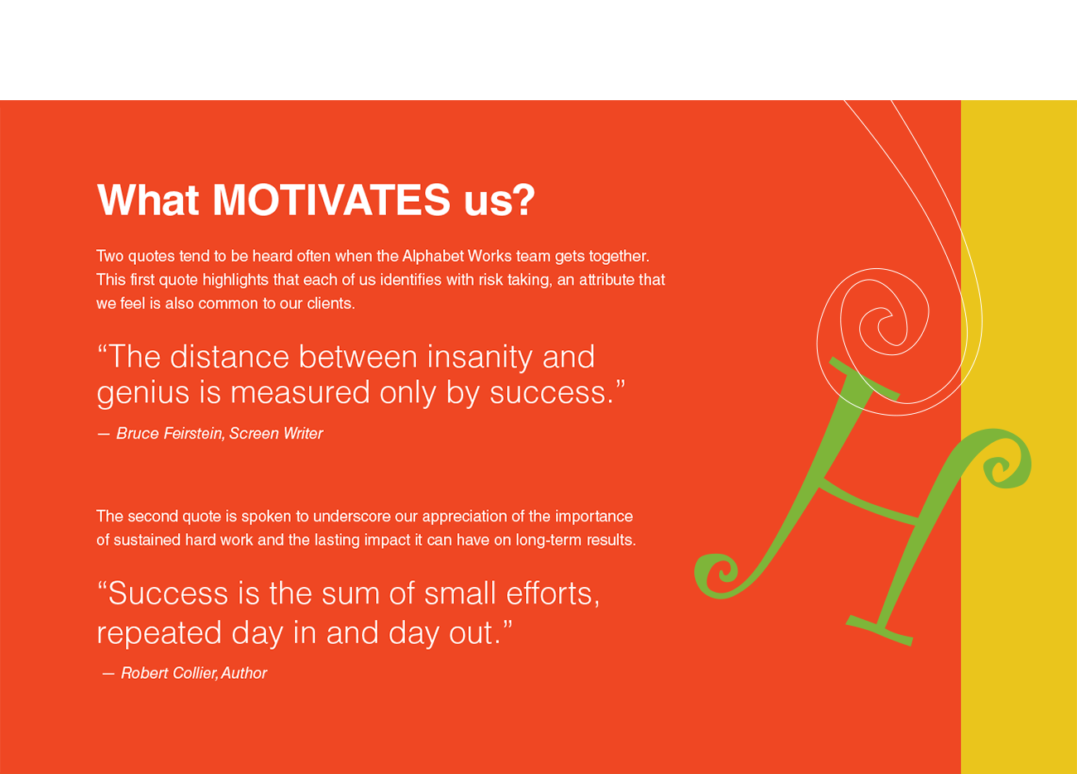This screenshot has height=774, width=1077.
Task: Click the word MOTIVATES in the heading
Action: [331, 200]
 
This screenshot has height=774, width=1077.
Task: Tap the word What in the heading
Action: [148, 200]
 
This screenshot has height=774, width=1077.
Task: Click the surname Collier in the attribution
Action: [194, 673]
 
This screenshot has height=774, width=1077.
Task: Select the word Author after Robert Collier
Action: [244, 673]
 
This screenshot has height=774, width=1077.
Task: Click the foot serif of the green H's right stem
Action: [880, 630]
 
